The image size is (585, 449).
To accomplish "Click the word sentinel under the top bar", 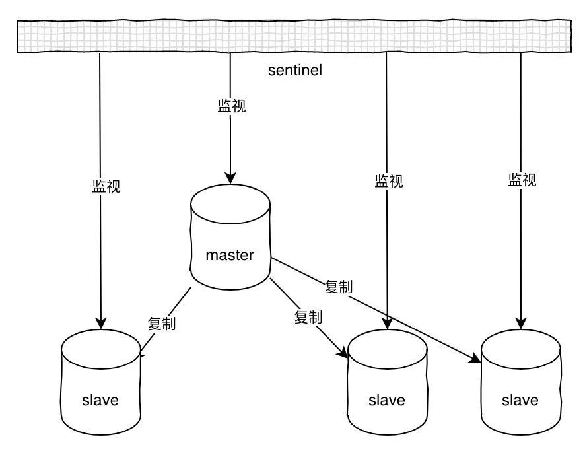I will tap(295, 70).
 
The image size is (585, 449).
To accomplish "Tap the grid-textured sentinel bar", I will tap(292, 37).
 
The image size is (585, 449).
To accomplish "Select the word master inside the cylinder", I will tap(229, 256).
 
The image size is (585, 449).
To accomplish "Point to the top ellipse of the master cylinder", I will tap(230, 201).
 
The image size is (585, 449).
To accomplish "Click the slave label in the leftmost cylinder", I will tap(100, 400).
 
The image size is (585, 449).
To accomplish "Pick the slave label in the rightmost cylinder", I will tap(520, 400).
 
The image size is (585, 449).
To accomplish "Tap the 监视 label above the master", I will tap(231, 106).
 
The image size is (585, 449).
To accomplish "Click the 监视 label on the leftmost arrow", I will tap(106, 186).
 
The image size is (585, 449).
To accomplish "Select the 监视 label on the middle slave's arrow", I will tap(388, 180).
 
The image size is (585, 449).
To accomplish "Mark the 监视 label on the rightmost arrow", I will tap(522, 180).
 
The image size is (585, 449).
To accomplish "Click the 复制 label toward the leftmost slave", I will tap(162, 324).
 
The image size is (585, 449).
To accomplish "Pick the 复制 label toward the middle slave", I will tap(308, 317).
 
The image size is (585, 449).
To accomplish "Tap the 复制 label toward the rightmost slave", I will tap(339, 287).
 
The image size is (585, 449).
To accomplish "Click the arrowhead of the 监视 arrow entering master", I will tap(230, 178).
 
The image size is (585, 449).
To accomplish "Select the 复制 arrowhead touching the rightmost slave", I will tap(476, 360).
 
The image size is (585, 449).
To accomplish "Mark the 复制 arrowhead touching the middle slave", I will tap(343, 354).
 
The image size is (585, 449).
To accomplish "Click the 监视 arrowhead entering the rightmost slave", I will tap(520, 324).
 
